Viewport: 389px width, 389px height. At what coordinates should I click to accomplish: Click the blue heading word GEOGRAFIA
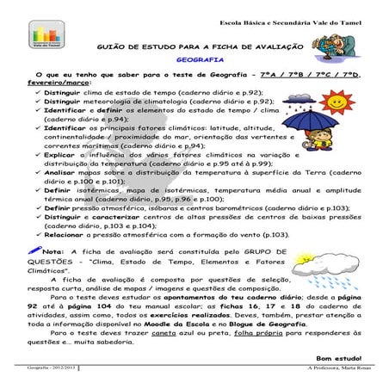[194, 61]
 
